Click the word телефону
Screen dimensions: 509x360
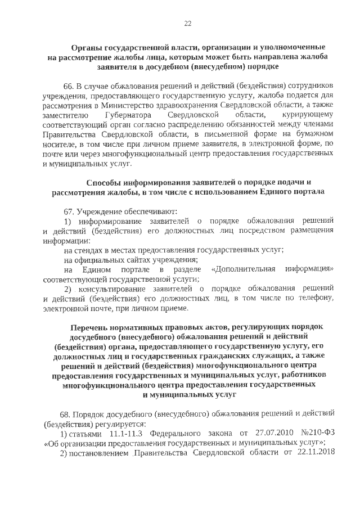[314, 299]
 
